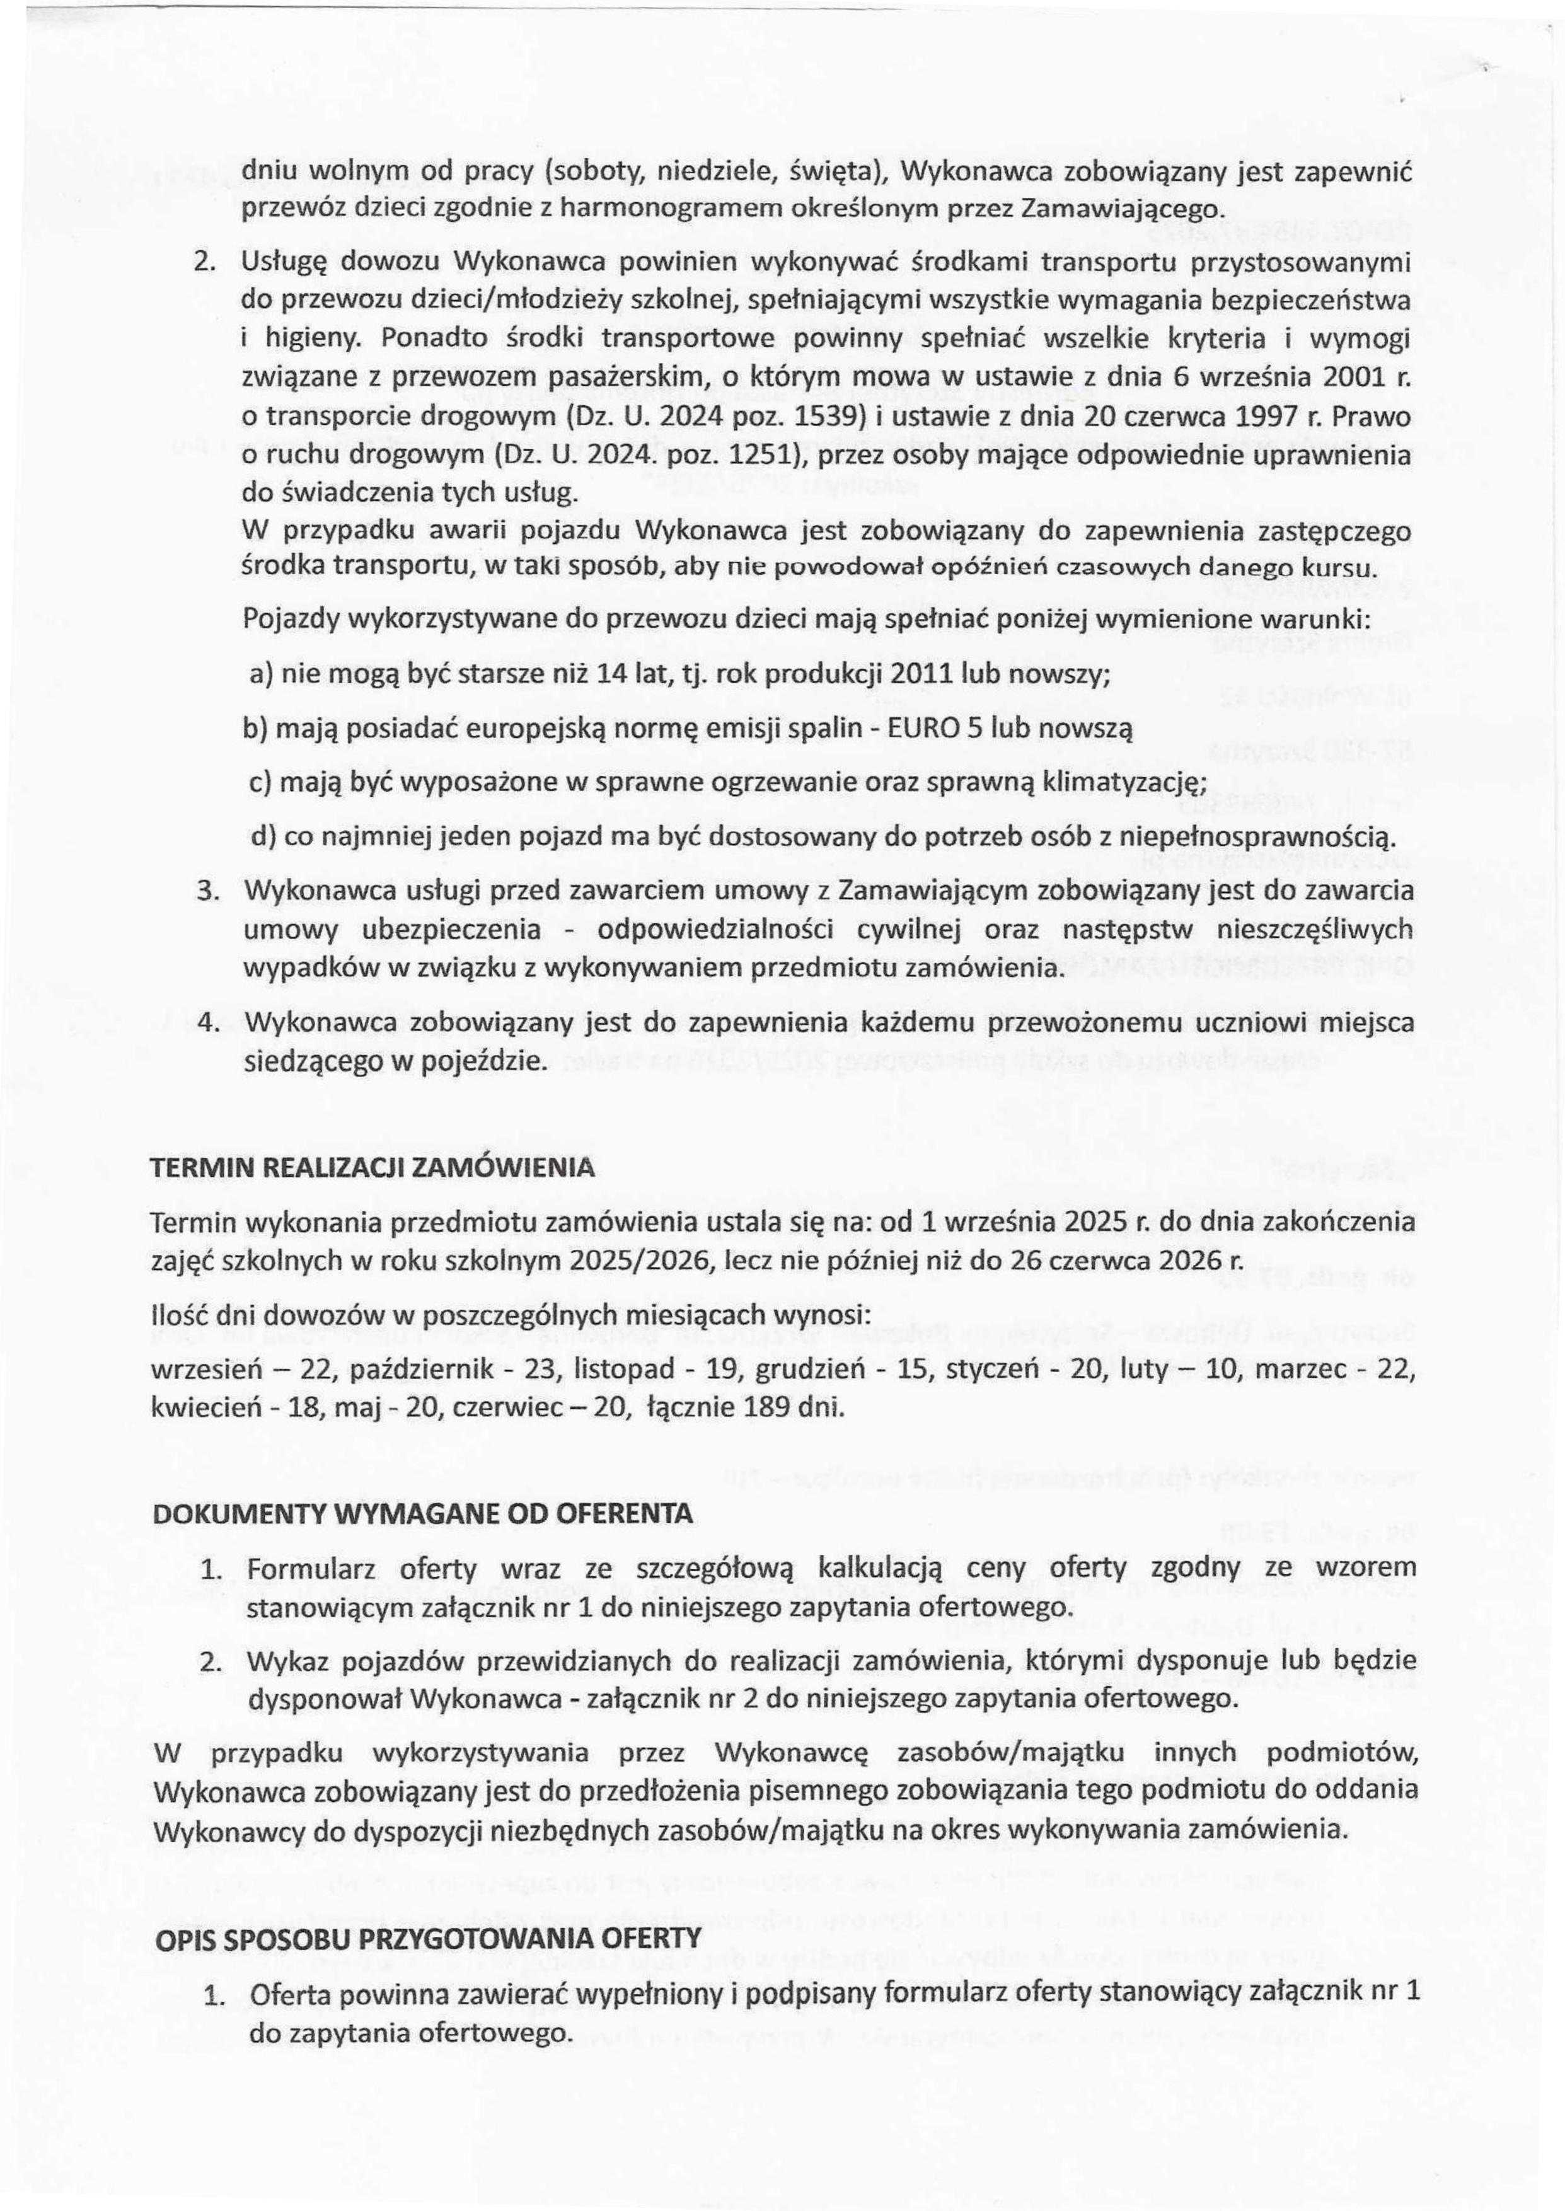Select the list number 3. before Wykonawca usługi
pos(205,891)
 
